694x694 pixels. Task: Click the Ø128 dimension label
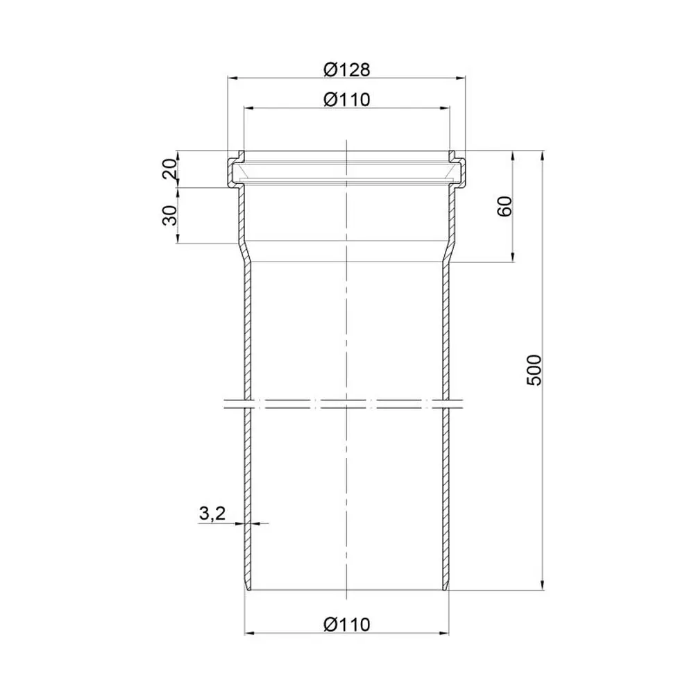[x=346, y=69]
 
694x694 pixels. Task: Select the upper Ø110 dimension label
[x=346, y=99]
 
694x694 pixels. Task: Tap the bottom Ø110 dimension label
[x=346, y=625]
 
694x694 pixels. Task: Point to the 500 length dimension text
[x=534, y=370]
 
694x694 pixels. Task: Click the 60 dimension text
[x=505, y=206]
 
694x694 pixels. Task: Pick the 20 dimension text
[x=170, y=169]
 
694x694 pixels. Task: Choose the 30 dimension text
[x=170, y=215]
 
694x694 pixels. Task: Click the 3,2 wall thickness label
[x=212, y=514]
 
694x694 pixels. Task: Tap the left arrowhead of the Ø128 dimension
[x=232, y=78]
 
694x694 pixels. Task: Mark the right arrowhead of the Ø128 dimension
[x=461, y=78]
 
